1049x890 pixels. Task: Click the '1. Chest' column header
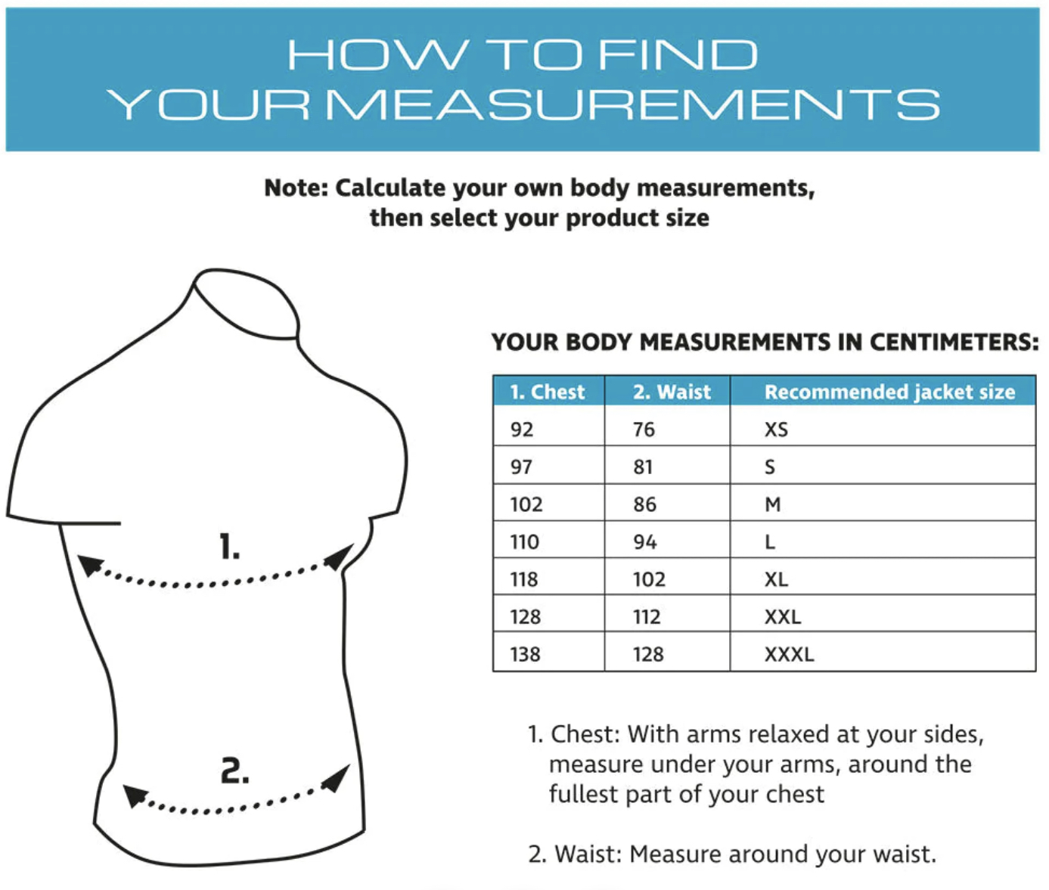547,392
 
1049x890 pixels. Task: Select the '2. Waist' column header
672,392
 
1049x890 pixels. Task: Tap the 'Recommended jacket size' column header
889,392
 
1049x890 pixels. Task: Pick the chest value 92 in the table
522,429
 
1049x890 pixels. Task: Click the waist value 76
644,429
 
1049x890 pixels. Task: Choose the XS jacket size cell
776,429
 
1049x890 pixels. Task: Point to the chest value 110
524,542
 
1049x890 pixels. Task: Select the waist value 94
644,542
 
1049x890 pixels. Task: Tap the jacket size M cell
772,504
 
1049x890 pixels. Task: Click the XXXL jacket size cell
789,654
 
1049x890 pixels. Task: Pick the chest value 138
526,654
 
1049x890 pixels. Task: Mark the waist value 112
647,616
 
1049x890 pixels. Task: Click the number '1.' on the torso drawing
229,547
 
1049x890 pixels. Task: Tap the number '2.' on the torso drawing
235,771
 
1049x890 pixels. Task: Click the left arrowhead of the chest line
89,565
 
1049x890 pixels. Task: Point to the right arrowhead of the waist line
337,778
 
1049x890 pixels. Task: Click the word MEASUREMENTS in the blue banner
633,104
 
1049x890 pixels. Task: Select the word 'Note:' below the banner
296,188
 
